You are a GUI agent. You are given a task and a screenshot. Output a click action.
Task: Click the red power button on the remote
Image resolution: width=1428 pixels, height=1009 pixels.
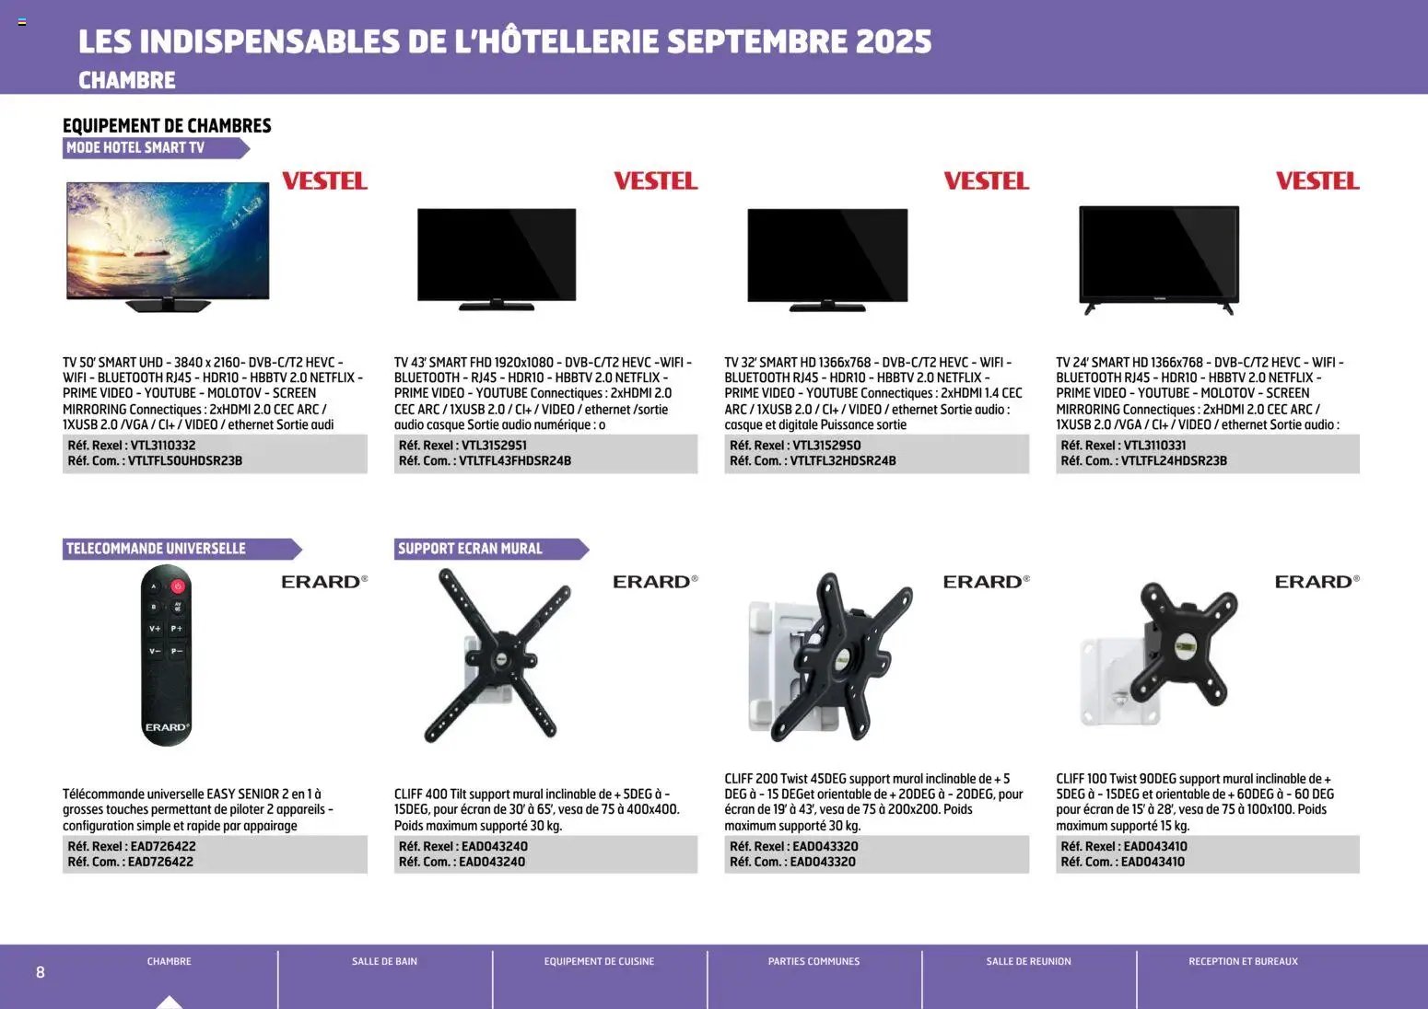pos(178,586)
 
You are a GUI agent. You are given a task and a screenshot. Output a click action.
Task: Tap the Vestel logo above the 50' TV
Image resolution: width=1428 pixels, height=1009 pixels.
pos(324,180)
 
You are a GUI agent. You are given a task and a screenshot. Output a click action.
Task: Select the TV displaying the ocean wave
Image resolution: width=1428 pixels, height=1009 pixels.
pos(168,241)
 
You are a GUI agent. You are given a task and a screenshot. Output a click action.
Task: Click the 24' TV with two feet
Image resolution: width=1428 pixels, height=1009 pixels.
pos(1159,256)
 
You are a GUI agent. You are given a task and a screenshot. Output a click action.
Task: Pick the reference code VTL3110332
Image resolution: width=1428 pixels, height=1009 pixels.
pos(162,446)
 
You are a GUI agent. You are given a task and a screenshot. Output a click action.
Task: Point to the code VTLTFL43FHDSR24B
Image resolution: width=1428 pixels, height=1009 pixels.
pos(515,461)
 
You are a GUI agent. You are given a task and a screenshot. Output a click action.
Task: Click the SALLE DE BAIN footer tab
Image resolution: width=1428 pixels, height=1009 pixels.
pos(384,961)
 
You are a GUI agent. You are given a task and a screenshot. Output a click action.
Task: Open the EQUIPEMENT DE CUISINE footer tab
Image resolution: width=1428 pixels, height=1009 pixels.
pos(599,961)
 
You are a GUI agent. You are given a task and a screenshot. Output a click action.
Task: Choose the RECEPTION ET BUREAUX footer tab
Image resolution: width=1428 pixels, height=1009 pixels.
pos(1243,961)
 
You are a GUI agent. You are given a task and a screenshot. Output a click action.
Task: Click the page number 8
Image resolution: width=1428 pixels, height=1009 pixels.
pos(40,972)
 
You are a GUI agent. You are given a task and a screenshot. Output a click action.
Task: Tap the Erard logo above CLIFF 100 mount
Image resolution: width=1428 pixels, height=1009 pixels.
pos(1316,582)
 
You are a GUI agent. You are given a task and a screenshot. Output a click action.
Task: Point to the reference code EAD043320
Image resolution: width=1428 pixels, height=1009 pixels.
pos(825,846)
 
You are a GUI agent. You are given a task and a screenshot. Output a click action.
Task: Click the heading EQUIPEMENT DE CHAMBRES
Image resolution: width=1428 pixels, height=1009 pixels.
pos(167,125)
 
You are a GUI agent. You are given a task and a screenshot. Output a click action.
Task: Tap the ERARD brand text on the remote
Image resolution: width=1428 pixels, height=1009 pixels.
pos(167,727)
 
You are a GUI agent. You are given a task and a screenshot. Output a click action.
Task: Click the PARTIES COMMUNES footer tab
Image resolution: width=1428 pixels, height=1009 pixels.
pos(813,961)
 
